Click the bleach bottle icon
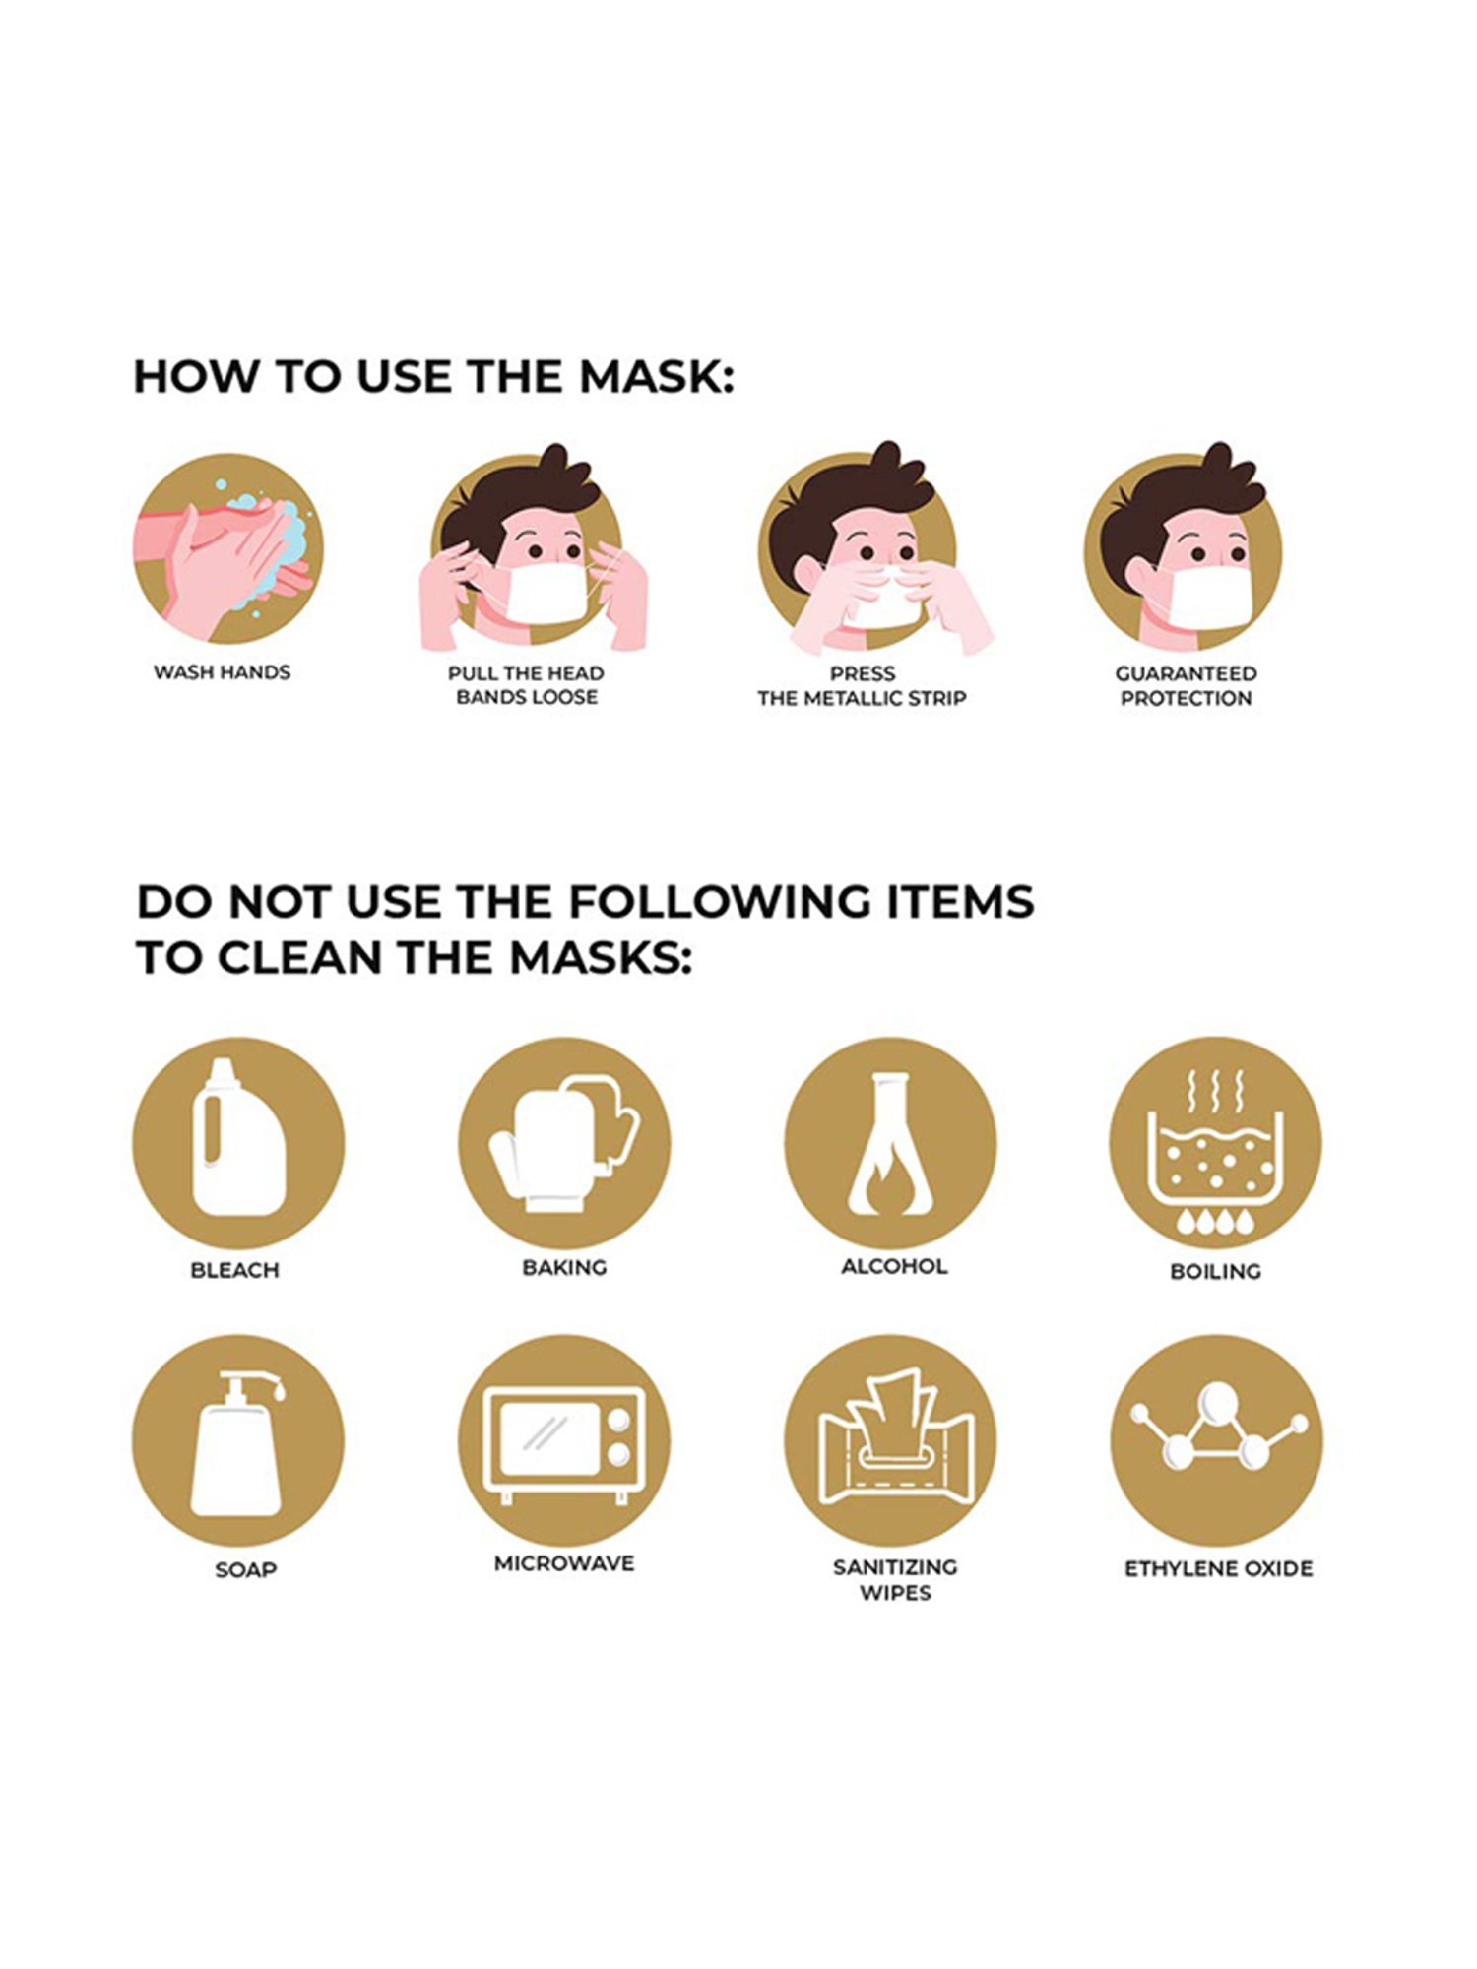(x=238, y=1143)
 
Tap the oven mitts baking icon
(x=564, y=1143)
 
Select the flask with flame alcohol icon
(x=890, y=1143)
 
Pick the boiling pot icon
(x=1216, y=1143)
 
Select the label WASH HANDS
(x=222, y=672)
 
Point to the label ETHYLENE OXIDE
(x=1218, y=1568)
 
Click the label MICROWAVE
(x=564, y=1563)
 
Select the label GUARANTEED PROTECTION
(x=1186, y=686)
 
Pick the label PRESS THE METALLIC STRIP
(x=862, y=686)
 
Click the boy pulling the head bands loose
(x=532, y=551)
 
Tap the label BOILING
(x=1215, y=1271)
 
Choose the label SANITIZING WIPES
(x=895, y=1579)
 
